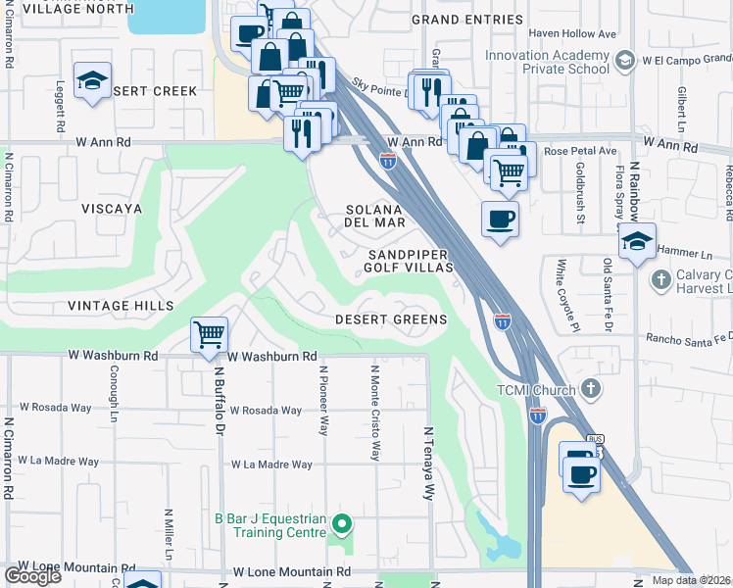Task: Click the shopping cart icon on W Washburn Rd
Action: click(210, 335)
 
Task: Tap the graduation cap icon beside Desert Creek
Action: click(93, 80)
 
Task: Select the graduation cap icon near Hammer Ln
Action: click(637, 241)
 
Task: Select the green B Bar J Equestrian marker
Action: click(341, 523)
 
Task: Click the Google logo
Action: click(32, 575)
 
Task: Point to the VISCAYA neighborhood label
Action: click(112, 209)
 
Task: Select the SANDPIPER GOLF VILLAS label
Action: click(410, 260)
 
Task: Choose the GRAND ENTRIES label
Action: click(466, 20)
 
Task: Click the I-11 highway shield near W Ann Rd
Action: click(388, 160)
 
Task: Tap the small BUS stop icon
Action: click(594, 440)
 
